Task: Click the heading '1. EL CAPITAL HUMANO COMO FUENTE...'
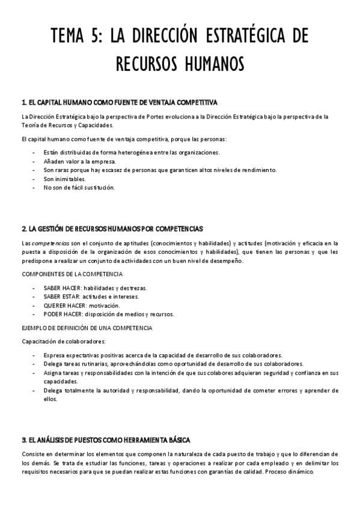[119, 102]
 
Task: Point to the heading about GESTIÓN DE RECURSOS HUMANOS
[112, 229]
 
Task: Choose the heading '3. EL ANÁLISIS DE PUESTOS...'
[106, 440]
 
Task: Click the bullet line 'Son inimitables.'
[64, 179]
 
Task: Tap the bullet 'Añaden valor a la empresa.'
[79, 161]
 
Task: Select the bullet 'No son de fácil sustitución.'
[78, 187]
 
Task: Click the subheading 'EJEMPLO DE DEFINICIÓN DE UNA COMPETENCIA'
[87, 328]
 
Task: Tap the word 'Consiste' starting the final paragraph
[32, 453]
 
